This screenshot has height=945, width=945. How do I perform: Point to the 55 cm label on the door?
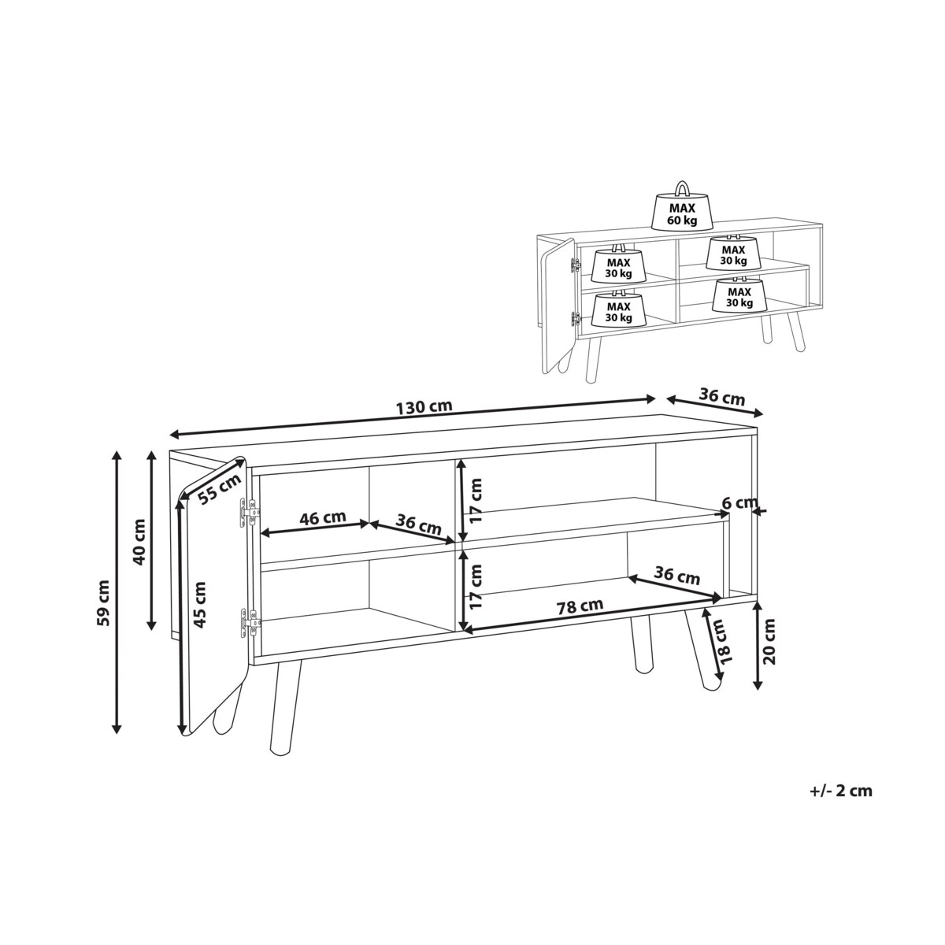(x=220, y=492)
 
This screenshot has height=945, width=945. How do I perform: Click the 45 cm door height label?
(x=200, y=605)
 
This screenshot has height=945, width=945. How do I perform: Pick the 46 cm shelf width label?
(x=321, y=518)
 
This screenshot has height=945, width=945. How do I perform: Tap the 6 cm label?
(x=739, y=502)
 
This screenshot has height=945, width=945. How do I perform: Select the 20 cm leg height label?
(x=770, y=642)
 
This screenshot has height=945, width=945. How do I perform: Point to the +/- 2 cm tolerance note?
(x=839, y=791)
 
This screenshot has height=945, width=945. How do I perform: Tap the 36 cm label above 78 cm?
(x=676, y=576)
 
